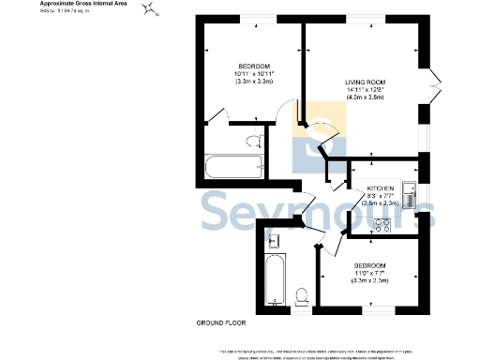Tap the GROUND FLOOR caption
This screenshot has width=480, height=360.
point(220,322)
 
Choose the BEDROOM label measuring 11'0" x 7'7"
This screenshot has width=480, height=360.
point(368,265)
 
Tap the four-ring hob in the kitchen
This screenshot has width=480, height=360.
point(383,223)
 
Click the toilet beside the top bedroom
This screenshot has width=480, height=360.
point(254,142)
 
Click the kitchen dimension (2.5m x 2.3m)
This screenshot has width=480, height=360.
point(379,202)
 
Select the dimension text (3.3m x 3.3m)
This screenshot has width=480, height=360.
point(253,80)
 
